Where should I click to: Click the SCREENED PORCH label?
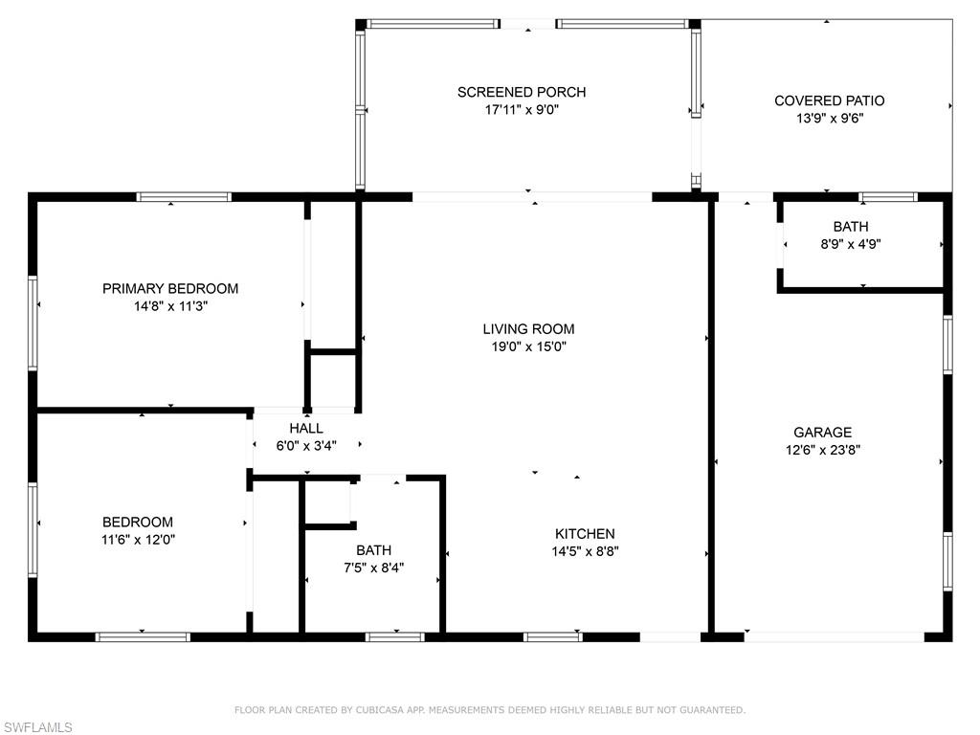(x=522, y=92)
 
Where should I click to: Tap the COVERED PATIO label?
(x=829, y=100)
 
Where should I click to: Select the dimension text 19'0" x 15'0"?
(x=529, y=347)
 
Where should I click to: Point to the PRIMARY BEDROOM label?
(x=170, y=288)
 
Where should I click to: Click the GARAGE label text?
(x=822, y=432)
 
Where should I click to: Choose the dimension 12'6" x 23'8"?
(x=822, y=450)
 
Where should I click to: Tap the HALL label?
(x=306, y=428)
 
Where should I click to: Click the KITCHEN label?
(x=585, y=533)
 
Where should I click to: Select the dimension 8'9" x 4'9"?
(x=851, y=244)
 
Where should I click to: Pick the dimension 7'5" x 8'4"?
(x=373, y=568)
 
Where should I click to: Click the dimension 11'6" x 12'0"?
(x=138, y=539)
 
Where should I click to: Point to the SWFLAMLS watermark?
(x=37, y=727)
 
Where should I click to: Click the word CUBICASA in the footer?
(x=381, y=710)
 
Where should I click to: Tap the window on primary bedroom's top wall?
(x=184, y=197)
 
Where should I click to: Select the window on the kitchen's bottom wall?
(x=552, y=636)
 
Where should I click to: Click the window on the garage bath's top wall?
(x=887, y=197)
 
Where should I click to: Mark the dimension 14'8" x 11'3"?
(x=170, y=306)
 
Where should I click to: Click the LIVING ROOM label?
(x=529, y=329)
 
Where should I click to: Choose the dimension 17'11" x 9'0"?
(x=522, y=110)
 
